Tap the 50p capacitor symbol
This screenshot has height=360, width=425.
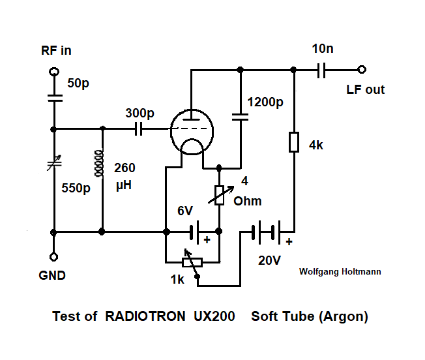53,98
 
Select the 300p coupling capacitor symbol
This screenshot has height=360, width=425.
138,129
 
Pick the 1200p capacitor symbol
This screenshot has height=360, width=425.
240,117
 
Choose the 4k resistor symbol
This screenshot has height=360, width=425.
294,142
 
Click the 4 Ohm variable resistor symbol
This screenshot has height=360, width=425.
220,195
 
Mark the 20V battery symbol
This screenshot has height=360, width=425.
269,231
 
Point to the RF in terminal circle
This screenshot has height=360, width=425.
53,70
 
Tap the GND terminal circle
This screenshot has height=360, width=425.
53,257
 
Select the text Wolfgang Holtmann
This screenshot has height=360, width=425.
340,271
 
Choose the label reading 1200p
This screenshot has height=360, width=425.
266,102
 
